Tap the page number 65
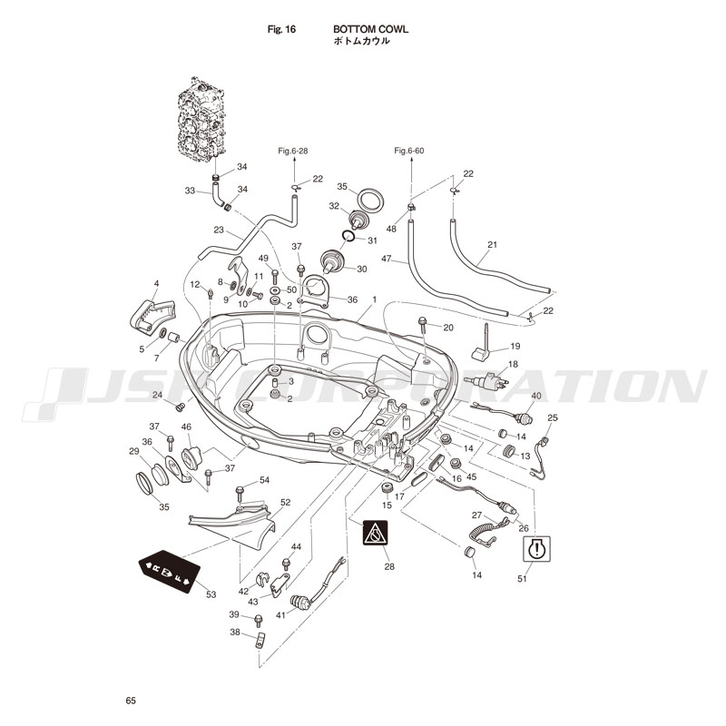coord(132,700)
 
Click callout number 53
coord(211,594)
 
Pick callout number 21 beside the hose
coord(493,245)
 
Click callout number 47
coord(386,260)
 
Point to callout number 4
coord(156,284)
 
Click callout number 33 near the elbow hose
coord(190,191)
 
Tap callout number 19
coord(515,346)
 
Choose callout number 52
coord(285,502)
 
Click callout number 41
coord(280,614)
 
